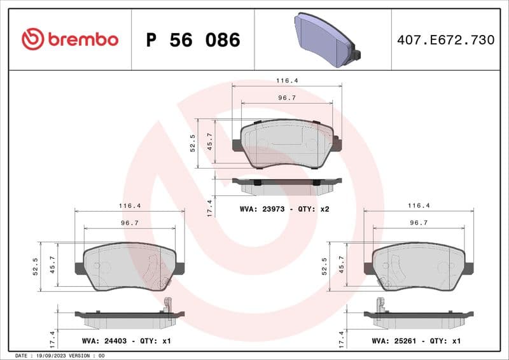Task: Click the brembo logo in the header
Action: [x=70, y=39]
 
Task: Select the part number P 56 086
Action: [x=193, y=40]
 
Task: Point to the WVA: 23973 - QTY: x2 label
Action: [x=284, y=208]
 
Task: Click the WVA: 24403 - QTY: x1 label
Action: [x=127, y=341]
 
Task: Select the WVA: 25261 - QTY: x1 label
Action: [x=415, y=341]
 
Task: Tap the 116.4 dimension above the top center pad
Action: [x=287, y=81]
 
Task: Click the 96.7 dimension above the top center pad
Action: [x=287, y=98]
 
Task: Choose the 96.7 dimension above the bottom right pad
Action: [x=418, y=223]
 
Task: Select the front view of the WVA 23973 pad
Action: [x=287, y=144]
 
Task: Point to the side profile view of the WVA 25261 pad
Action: [x=417, y=316]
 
